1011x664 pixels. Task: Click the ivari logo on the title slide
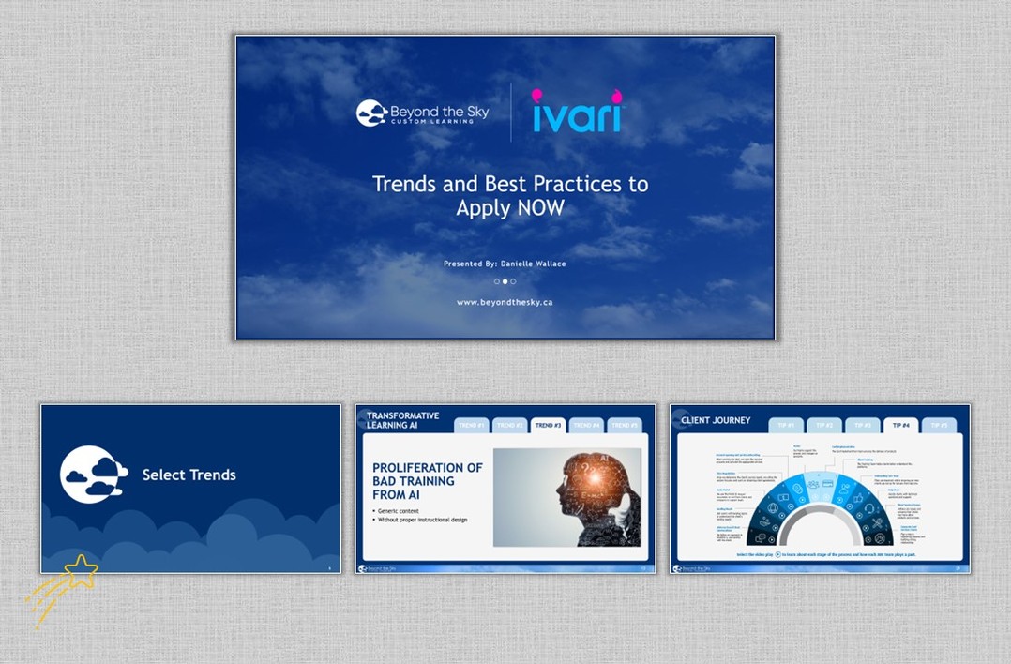tap(577, 112)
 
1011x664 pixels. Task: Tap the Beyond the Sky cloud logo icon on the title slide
tap(371, 113)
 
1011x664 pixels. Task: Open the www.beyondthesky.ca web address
tap(505, 302)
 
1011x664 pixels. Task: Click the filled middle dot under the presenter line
tap(505, 281)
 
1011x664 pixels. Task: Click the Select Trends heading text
tap(189, 475)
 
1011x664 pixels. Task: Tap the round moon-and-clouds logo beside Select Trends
tap(93, 474)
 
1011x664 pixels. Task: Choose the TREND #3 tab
tap(548, 426)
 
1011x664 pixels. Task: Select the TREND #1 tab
tap(471, 426)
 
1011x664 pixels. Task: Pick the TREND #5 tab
tap(624, 426)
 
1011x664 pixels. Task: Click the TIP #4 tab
tap(900, 426)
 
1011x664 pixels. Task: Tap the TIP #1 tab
tap(786, 426)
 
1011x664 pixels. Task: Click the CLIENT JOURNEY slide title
tap(716, 420)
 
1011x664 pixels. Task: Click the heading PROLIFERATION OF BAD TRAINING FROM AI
tap(427, 480)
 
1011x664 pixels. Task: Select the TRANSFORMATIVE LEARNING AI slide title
tap(402, 420)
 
